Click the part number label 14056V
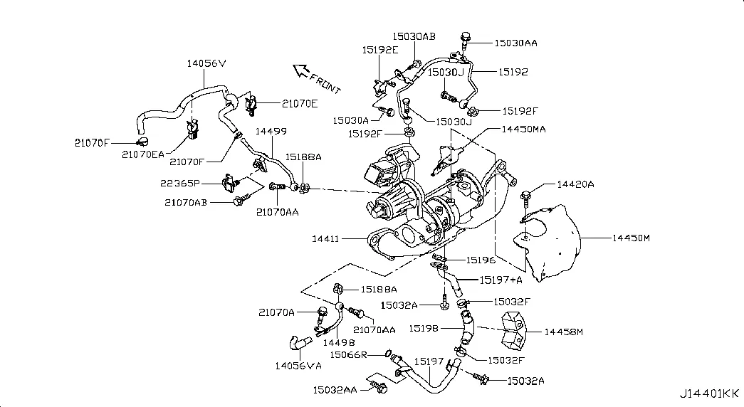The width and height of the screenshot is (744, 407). [x=206, y=63]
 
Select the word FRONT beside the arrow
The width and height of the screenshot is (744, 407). [x=327, y=83]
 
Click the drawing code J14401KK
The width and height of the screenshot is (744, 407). [x=709, y=393]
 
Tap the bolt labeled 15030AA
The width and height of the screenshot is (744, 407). [x=465, y=36]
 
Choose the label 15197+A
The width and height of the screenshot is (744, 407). [x=501, y=280]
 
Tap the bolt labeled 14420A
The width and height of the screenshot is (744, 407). [x=527, y=194]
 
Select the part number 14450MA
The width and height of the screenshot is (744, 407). [x=523, y=129]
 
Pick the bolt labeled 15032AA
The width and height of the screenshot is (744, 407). [x=379, y=388]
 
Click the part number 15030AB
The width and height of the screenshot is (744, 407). [x=414, y=36]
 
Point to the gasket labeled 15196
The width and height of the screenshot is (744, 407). [x=440, y=258]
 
